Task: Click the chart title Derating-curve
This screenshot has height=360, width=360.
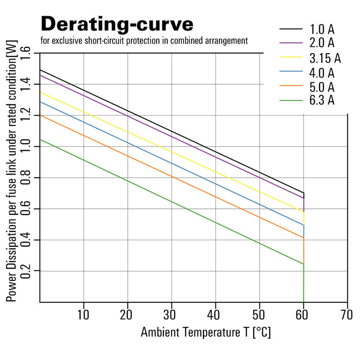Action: pyautogui.click(x=117, y=23)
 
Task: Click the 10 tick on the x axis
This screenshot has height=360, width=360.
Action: pyautogui.click(x=84, y=313)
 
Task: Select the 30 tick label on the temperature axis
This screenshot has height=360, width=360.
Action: pyautogui.click(x=171, y=313)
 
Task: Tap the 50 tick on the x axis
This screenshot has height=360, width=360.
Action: pyautogui.click(x=259, y=313)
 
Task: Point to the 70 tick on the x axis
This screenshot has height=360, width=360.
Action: pyautogui.click(x=347, y=313)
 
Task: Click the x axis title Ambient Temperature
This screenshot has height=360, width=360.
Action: pyautogui.click(x=206, y=333)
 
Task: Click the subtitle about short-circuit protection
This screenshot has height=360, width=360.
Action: pyautogui.click(x=144, y=41)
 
